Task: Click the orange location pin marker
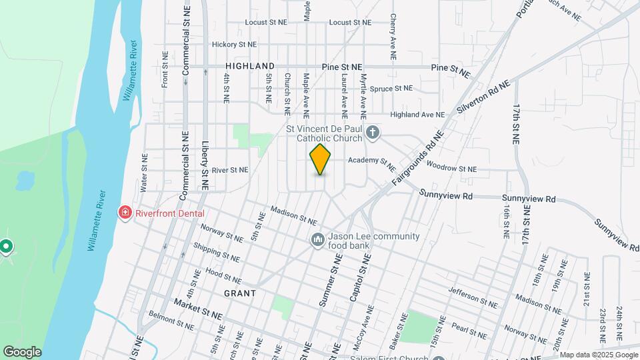click(321, 159)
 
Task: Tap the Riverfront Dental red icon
click(124, 213)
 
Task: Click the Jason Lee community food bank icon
click(318, 239)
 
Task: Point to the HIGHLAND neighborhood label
click(250, 66)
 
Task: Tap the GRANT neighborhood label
click(240, 293)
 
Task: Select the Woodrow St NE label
click(451, 169)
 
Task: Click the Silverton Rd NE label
click(483, 98)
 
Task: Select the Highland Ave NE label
click(417, 115)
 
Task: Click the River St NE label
click(230, 170)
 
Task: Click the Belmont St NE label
click(171, 321)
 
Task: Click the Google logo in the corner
click(22, 352)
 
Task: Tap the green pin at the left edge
click(6, 247)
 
